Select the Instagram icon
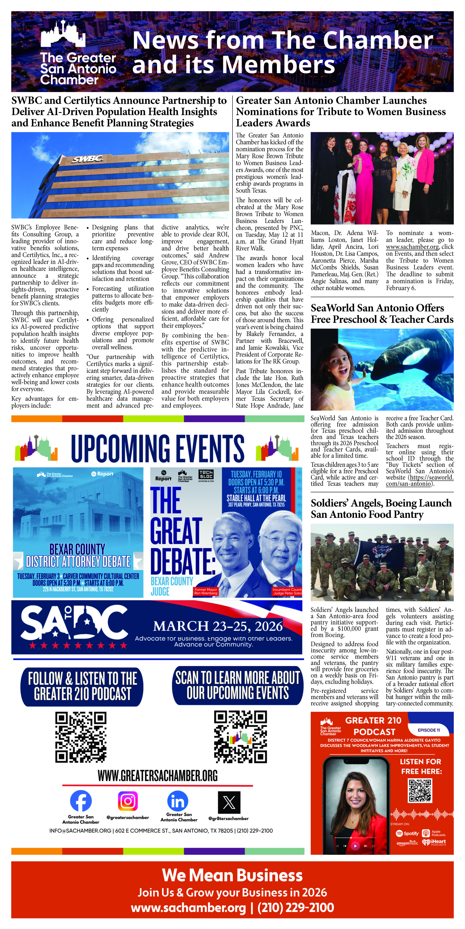pos(128,801)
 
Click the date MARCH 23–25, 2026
pos(218,626)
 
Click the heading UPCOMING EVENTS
pos(158,449)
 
